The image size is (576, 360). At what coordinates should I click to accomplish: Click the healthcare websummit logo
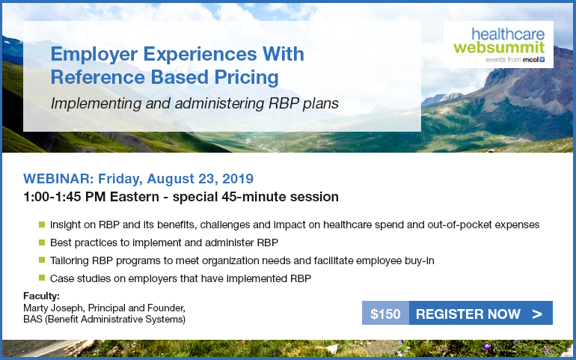pos(498,44)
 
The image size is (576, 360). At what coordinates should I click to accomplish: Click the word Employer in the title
pos(94,55)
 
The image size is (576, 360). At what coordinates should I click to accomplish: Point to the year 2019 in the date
pos(238,179)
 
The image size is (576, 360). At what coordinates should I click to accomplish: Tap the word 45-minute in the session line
pos(254,197)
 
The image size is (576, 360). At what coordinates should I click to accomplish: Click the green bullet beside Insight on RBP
pos(42,224)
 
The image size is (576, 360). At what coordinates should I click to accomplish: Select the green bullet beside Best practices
pos(42,242)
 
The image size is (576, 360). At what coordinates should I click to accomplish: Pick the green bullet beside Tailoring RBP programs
pos(42,260)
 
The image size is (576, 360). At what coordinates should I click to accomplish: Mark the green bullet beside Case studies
pos(42,278)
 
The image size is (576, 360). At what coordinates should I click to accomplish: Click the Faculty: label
pos(41,296)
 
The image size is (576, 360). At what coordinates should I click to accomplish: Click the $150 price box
pos(385,313)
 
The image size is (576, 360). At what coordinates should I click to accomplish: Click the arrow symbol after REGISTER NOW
pos(536,314)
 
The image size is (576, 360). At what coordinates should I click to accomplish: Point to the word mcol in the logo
pos(530,60)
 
